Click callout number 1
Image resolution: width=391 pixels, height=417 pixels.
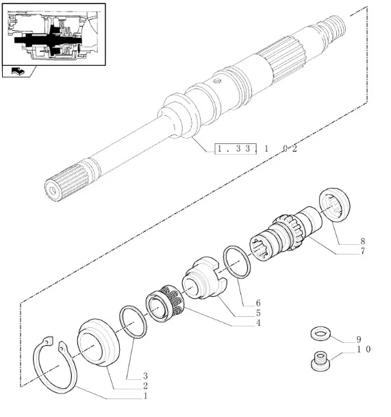coord(145,396)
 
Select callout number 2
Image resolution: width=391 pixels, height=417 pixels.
coord(145,385)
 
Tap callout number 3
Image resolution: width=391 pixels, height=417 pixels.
coord(145,376)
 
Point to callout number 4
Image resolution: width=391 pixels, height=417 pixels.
coord(258,323)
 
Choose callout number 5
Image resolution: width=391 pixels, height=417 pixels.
coord(258,313)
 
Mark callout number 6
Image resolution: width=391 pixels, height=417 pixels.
coord(258,303)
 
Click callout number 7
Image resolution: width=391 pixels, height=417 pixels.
coord(363,251)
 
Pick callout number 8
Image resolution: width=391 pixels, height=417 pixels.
coord(363,241)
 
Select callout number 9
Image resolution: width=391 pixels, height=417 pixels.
coord(359,339)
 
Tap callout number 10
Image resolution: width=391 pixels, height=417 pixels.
coord(364,349)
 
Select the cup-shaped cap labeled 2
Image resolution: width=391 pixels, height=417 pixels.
coord(98,342)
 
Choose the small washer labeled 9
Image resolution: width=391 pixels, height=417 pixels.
coord(320,334)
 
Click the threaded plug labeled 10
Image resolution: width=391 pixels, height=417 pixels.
coord(320,361)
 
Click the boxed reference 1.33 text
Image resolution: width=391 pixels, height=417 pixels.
coord(234,149)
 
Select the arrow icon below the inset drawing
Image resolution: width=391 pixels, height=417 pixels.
coord(18,71)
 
